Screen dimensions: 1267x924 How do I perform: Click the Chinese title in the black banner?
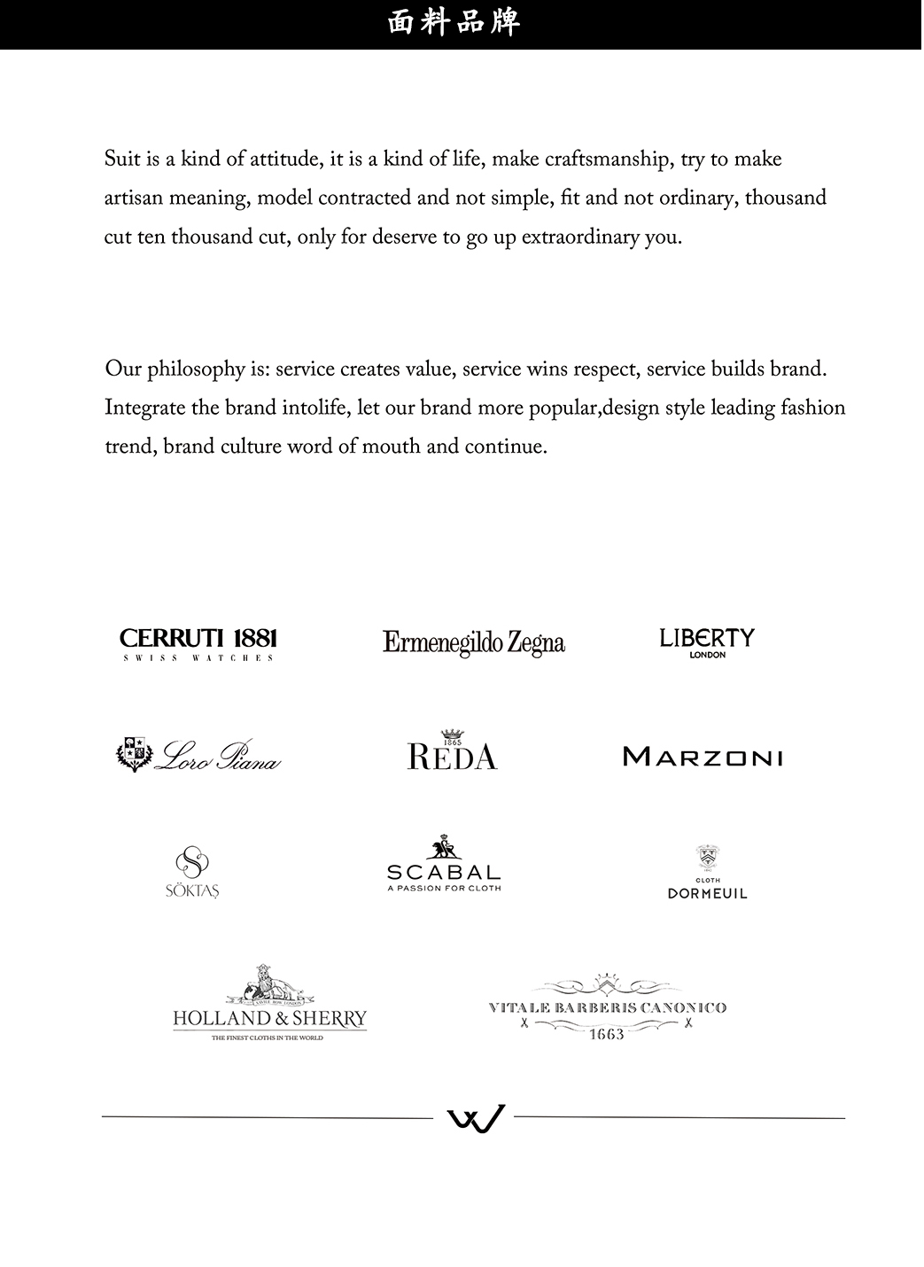pyautogui.click(x=454, y=23)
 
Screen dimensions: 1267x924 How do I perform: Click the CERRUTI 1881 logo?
pyautogui.click(x=198, y=638)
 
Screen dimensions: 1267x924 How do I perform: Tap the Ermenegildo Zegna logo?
pyautogui.click(x=474, y=642)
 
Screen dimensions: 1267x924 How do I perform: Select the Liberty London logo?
pyautogui.click(x=706, y=640)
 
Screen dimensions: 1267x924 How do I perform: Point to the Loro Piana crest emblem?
pyautogui.click(x=133, y=754)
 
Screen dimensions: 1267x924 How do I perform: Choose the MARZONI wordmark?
pyautogui.click(x=703, y=758)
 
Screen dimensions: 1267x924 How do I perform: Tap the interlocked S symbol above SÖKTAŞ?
pyautogui.click(x=191, y=862)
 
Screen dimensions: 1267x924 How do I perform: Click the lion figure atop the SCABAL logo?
pyautogui.click(x=444, y=848)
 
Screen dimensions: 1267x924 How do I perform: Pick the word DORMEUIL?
pyautogui.click(x=707, y=894)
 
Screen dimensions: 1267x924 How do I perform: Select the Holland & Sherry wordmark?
pyautogui.click(x=269, y=1019)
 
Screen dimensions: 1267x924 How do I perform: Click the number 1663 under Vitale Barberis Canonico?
pyautogui.click(x=607, y=1035)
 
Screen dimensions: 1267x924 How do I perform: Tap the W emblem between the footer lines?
pyautogui.click(x=474, y=1118)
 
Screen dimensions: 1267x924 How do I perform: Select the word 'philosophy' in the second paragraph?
pyautogui.click(x=197, y=369)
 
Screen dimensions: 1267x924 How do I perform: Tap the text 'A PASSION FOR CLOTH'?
pyautogui.click(x=444, y=888)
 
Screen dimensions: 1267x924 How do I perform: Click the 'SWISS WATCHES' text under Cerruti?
pyautogui.click(x=198, y=658)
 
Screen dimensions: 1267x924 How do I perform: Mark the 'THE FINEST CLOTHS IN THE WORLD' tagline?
pyautogui.click(x=267, y=1038)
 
